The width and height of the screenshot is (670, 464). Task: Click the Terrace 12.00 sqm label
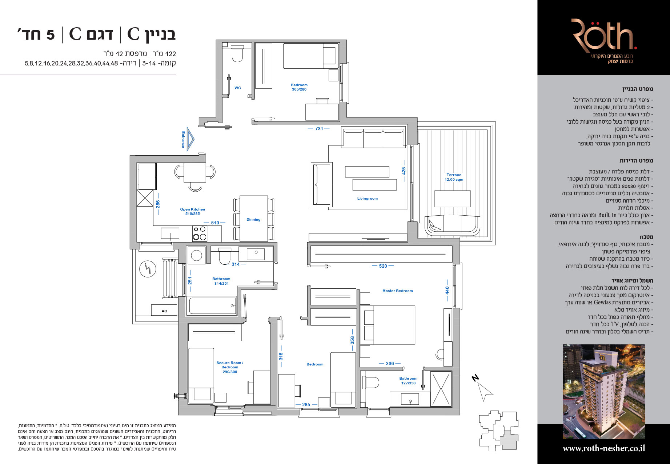pos(454,177)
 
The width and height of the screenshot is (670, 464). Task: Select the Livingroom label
pos(367,199)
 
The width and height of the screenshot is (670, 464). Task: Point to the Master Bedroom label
pos(397,291)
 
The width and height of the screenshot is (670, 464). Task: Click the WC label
pos(237,88)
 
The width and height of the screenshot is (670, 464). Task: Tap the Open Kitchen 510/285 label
pos(193,212)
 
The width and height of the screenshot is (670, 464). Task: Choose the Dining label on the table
pos(253,220)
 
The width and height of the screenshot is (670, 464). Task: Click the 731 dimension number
pos(319,129)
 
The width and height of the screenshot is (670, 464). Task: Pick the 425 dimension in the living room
pos(404,171)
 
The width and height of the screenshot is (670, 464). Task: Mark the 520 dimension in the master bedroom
pos(383,266)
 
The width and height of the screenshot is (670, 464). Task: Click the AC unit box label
pos(164,311)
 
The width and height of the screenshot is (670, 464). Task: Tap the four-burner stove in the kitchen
pos(200,233)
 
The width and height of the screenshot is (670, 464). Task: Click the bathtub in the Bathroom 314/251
pos(212,305)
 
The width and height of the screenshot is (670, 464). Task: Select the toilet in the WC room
pos(237,54)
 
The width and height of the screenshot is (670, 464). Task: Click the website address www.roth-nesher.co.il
pos(604,448)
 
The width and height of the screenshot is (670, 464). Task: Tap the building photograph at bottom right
pos(604,392)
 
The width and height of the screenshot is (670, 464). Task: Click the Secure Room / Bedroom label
pos(230,367)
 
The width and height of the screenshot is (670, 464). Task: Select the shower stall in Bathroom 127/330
pos(441,389)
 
